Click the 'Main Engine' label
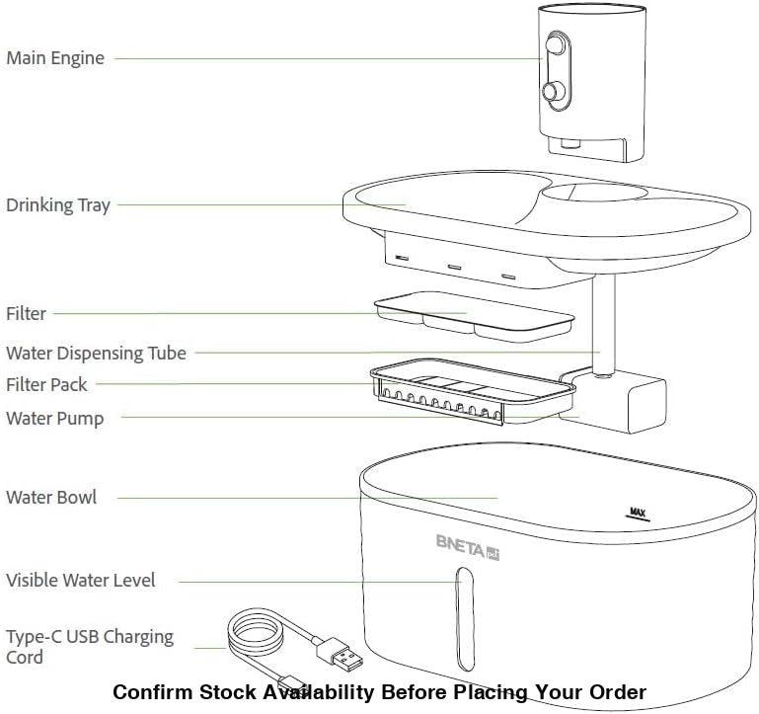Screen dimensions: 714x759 coord(54,58)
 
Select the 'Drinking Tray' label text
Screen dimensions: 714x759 coord(58,205)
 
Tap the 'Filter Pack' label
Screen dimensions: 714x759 coord(46,384)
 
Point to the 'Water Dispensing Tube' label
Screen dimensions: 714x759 coord(96,353)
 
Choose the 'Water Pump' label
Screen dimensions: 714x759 coord(54,418)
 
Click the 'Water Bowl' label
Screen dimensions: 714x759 coord(51,497)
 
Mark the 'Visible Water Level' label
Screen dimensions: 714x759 coord(81,580)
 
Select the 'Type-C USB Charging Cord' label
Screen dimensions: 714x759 coord(89,646)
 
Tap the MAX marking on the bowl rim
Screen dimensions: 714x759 coord(639,512)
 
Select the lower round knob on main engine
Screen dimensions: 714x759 coord(552,92)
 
